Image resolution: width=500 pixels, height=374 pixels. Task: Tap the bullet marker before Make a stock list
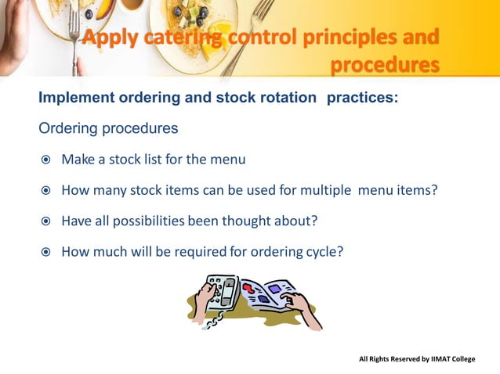click(x=46, y=160)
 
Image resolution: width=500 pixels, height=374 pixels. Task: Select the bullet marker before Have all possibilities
click(x=46, y=221)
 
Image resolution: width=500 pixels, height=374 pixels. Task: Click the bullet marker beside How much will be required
click(x=46, y=251)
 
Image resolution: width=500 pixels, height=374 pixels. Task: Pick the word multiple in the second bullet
click(x=321, y=190)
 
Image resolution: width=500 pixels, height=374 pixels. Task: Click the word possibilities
click(x=146, y=221)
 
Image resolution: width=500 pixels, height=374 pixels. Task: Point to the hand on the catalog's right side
click(x=304, y=307)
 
